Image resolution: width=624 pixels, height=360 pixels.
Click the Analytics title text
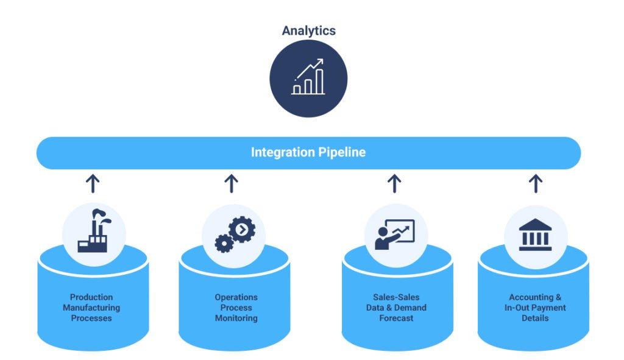pos(309,30)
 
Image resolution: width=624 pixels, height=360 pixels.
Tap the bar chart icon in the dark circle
pos(308,77)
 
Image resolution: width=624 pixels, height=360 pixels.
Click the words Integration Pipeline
pos(308,152)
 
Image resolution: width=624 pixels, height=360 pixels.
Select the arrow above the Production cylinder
pos(93,183)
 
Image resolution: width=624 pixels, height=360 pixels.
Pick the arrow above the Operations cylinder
pos(231,183)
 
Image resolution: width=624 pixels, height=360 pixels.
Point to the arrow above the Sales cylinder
pos(394,183)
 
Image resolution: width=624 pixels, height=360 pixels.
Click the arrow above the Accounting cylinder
pos(536,183)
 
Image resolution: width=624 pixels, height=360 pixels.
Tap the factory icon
pos(94,231)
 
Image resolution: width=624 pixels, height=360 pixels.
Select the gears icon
pos(235,235)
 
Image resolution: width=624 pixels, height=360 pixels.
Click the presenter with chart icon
pos(395,235)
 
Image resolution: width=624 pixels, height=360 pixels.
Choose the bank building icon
pos(535,235)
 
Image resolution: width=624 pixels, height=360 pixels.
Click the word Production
pos(91,297)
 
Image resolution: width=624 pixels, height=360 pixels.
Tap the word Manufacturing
pos(91,308)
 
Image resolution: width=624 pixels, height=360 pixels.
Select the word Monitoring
pos(236,318)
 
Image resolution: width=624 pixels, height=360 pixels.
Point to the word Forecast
pos(396,318)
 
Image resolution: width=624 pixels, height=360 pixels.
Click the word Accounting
pos(531,297)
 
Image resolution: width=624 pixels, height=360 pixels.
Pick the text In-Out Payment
pos(535,308)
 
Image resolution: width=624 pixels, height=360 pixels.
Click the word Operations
pos(236,297)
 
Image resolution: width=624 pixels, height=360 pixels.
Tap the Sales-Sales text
pos(396,297)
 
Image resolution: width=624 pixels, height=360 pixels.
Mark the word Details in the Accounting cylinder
pos(535,318)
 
